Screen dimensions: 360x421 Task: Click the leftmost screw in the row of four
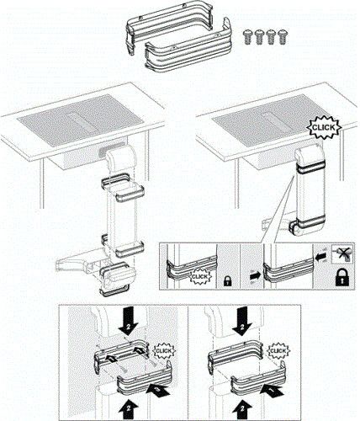[x=247, y=37]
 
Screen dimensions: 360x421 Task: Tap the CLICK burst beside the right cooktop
[x=323, y=127]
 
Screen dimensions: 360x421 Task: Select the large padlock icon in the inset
[x=342, y=278]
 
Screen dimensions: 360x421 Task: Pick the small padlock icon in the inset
[x=227, y=280]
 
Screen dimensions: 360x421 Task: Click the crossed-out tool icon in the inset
[x=342, y=253]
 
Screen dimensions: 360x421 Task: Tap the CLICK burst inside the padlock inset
[x=199, y=277]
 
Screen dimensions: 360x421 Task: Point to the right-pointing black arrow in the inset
[x=255, y=276]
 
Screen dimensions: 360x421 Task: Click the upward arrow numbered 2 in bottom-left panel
[x=128, y=408]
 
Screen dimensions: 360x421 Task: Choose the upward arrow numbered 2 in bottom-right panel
[x=241, y=408]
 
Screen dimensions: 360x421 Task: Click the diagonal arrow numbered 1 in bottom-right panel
[x=272, y=391]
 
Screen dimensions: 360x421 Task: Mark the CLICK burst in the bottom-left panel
[x=163, y=351]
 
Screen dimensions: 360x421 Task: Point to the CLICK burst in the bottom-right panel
[x=278, y=351]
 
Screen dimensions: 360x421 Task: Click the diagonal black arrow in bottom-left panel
[x=158, y=391]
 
